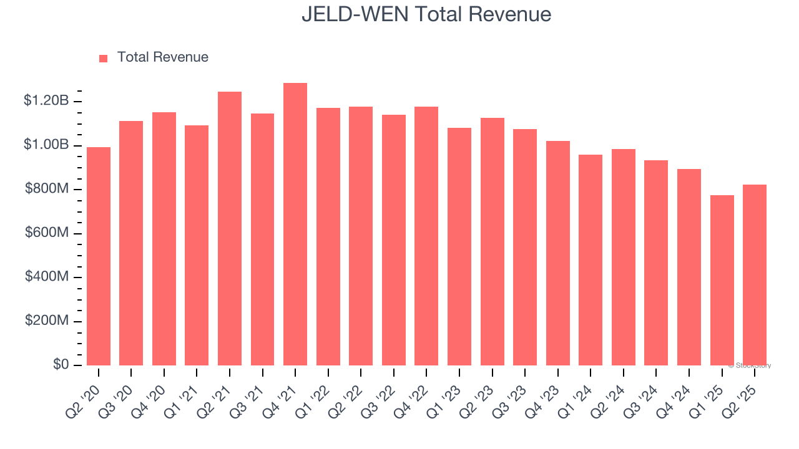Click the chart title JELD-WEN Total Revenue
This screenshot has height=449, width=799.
click(426, 14)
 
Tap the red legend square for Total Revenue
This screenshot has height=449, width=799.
click(104, 58)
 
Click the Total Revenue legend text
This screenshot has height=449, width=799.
click(162, 57)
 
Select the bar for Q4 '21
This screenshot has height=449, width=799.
click(295, 224)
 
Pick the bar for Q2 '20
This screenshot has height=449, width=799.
click(99, 256)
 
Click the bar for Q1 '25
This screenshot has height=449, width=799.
click(722, 281)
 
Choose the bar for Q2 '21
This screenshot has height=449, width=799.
click(230, 229)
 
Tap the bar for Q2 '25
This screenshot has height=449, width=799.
click(755, 275)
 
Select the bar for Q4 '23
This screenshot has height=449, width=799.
click(558, 253)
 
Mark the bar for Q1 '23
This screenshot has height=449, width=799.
click(459, 247)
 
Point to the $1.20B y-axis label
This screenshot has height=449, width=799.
click(46, 100)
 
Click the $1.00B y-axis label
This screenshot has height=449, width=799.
click(46, 145)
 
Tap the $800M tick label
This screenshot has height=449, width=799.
click(47, 188)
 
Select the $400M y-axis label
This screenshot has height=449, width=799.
click(47, 276)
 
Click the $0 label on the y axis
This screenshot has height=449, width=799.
click(61, 364)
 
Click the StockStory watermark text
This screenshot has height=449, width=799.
click(750, 365)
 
